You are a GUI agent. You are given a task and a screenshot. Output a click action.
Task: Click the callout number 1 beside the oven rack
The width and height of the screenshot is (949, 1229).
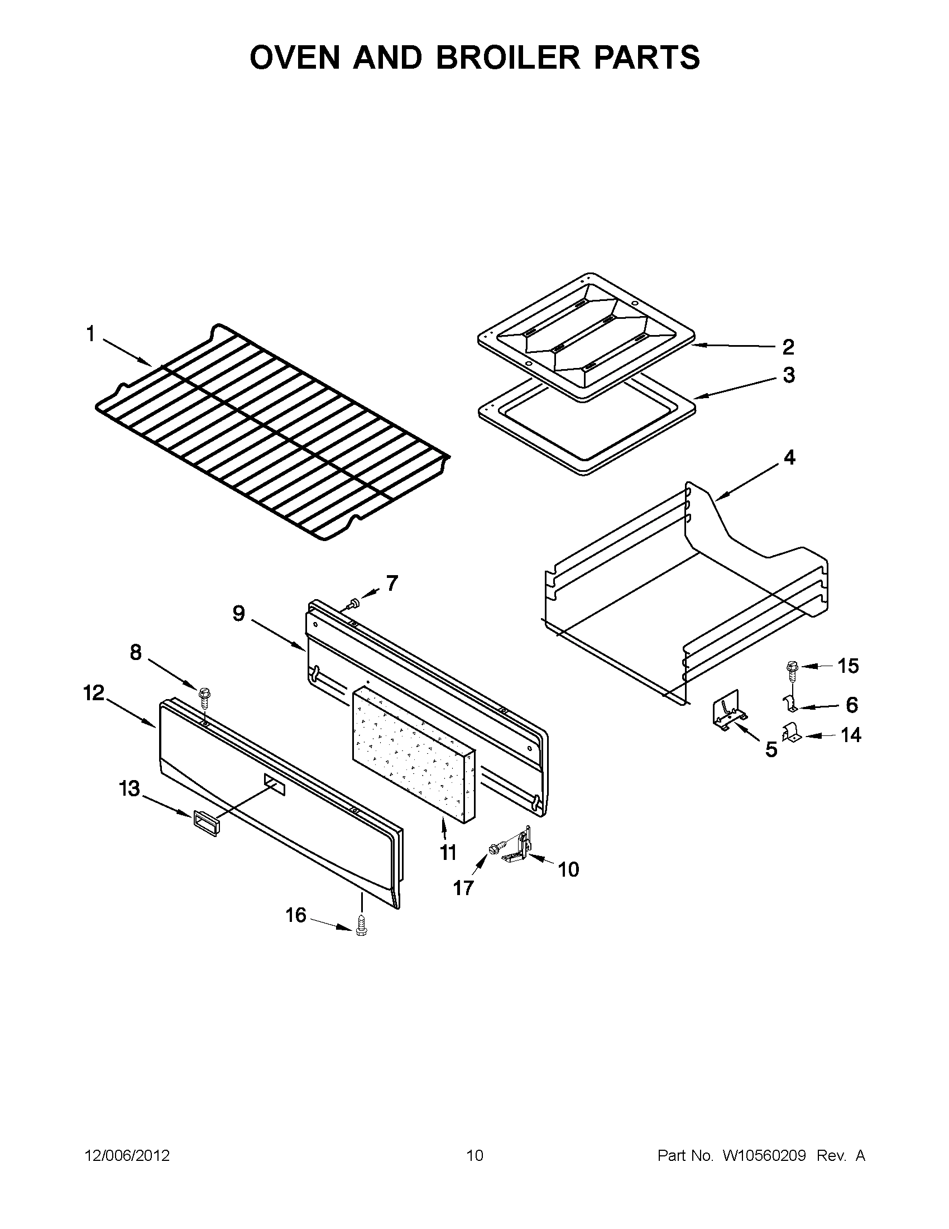[x=90, y=334]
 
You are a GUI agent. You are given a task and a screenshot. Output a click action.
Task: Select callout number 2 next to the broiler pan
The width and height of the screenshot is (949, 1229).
[x=788, y=347]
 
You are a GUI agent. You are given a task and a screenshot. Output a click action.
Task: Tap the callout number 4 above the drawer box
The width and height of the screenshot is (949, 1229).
[x=789, y=457]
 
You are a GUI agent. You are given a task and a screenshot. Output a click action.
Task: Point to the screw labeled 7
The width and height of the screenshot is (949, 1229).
[x=353, y=604]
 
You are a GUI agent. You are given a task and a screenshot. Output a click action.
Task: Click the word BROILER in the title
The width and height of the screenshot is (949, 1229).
[x=507, y=58]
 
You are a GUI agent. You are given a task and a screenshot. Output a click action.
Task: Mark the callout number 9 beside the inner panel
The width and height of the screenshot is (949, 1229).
[x=238, y=613]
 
